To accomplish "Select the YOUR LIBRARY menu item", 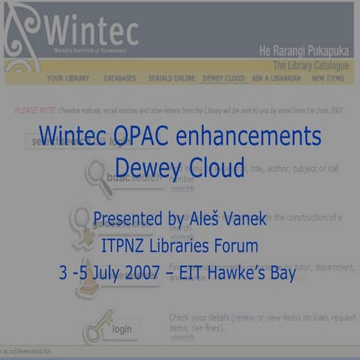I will [68, 78].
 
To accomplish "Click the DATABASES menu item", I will [120, 78].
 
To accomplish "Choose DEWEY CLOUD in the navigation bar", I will [223, 78].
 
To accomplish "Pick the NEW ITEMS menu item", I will [328, 78].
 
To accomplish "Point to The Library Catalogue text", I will [310, 65].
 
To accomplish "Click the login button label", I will [121, 328].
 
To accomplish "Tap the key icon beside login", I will [95, 325].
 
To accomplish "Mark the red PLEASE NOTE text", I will [34, 110].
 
